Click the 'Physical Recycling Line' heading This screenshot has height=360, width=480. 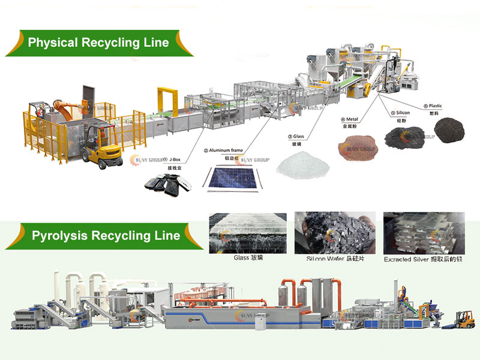pos(98,43)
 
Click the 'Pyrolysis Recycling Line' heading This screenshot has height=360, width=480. pos(105,235)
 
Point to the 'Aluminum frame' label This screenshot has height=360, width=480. pos(227,151)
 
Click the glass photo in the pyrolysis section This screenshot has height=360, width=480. pos(245,233)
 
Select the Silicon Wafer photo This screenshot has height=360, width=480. pos(334,233)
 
